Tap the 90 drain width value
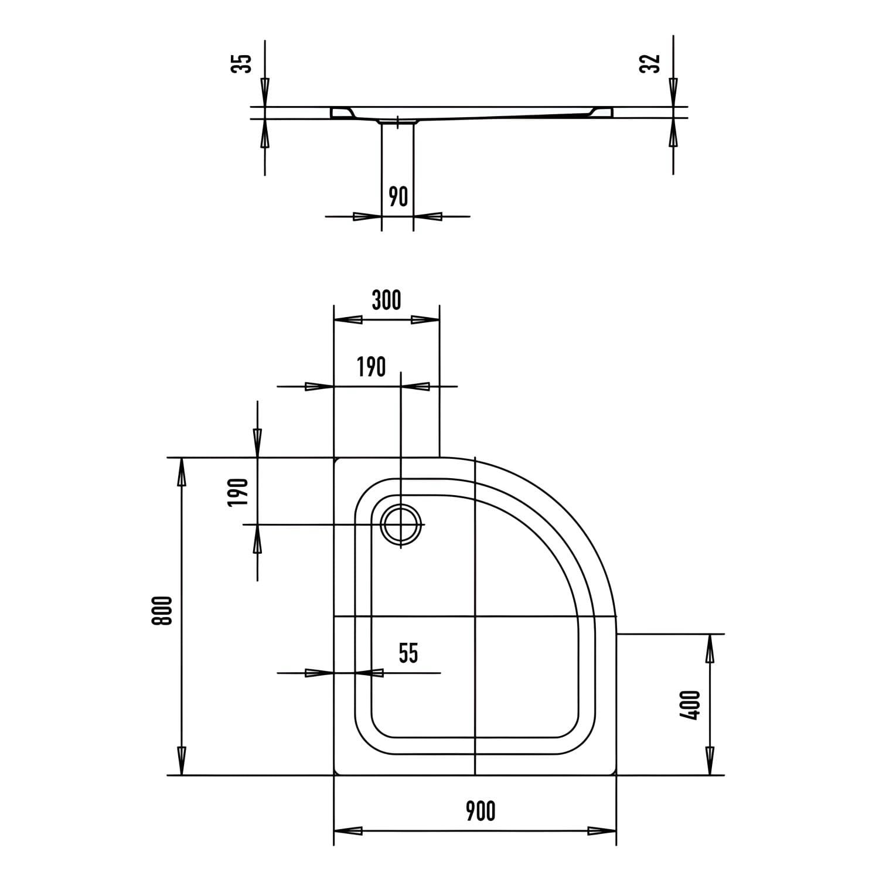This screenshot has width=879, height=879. (398, 197)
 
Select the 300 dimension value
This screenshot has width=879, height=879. (386, 300)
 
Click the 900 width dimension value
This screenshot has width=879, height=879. (481, 811)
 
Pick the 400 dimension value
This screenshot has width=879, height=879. (691, 705)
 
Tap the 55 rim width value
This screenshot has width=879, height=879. (408, 653)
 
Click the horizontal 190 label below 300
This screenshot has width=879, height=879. (372, 367)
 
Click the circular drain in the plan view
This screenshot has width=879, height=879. (401, 524)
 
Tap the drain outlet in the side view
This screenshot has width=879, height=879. (397, 122)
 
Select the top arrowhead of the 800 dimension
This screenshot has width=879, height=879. (182, 472)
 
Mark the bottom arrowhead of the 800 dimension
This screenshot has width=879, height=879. (182, 761)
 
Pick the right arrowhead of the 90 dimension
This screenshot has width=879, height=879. (428, 216)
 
